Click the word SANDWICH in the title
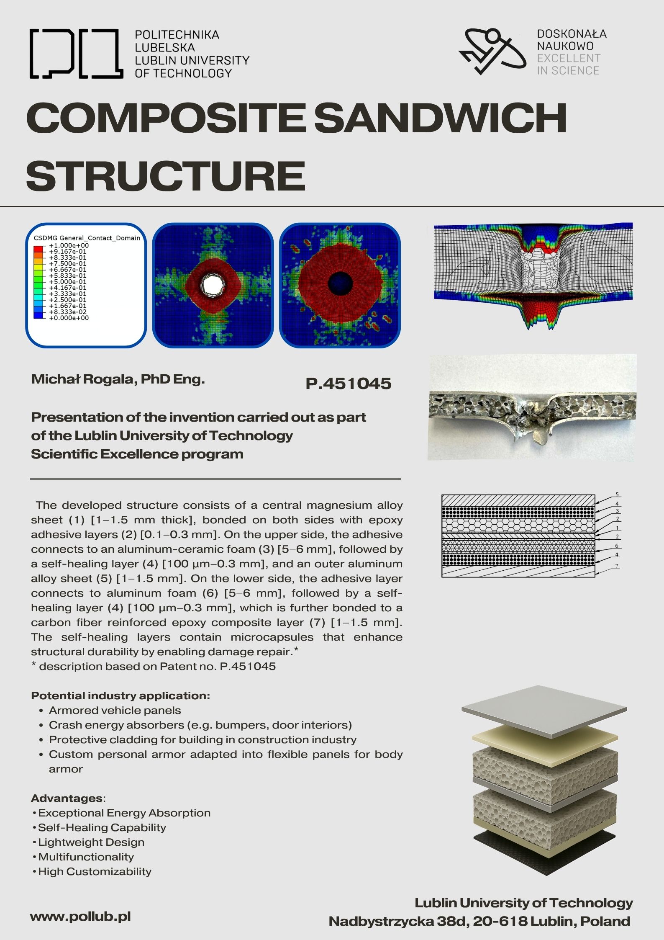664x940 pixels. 440,118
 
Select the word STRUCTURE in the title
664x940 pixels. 166,176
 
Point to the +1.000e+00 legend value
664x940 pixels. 69,245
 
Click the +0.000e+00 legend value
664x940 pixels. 69,318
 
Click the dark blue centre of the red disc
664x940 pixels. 340,283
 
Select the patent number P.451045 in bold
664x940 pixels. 348,384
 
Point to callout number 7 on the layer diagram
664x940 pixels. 617,566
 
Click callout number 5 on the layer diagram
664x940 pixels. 617,494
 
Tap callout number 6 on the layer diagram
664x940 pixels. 616,546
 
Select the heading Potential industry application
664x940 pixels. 120,696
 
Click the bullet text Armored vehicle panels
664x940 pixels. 115,711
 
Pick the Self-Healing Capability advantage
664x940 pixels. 102,828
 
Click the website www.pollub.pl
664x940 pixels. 80,917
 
